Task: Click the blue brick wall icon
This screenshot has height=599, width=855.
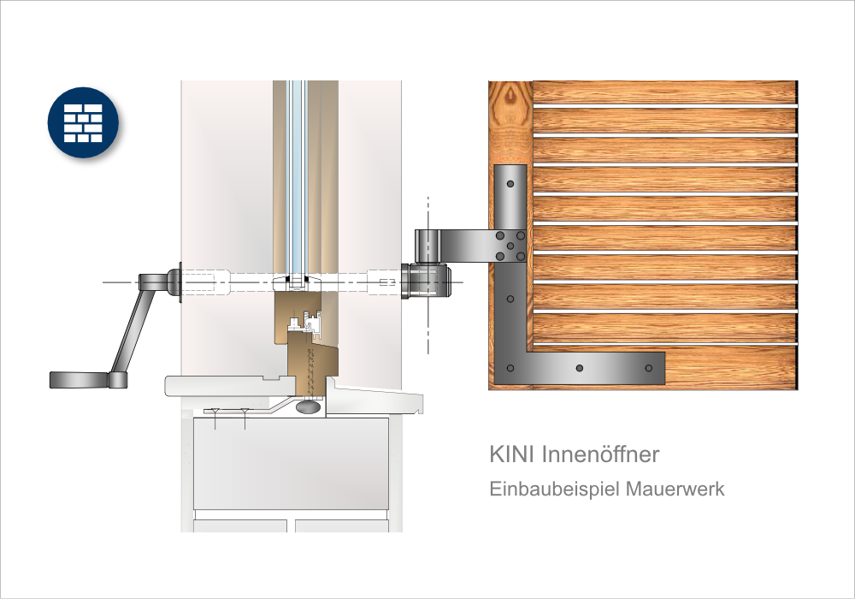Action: point(83,122)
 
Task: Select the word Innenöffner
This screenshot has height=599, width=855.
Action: point(600,454)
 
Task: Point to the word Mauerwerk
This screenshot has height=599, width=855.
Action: point(675,489)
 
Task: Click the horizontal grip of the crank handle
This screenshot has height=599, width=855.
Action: point(80,380)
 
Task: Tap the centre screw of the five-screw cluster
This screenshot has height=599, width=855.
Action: point(510,246)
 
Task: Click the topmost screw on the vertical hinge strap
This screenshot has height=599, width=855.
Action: point(510,184)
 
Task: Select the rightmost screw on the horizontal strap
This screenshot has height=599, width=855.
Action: point(648,368)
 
